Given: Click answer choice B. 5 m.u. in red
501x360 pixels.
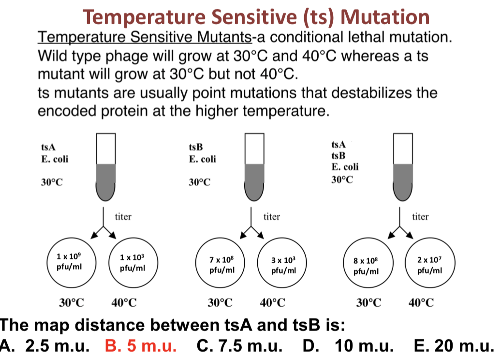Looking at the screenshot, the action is (x=141, y=345).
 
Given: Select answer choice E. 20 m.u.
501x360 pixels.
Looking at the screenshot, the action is (x=454, y=345).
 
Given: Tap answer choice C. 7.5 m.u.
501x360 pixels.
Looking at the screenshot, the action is (x=239, y=345).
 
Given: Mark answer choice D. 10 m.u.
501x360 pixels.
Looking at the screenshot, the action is (x=348, y=345).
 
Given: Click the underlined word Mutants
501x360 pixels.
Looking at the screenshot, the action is (x=224, y=37).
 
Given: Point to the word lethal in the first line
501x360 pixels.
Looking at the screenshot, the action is (x=365, y=37).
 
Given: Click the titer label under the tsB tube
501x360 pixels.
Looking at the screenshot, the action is (x=272, y=216).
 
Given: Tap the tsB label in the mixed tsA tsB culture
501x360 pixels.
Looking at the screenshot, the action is (x=339, y=156).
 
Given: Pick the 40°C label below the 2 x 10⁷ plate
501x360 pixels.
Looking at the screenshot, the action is (x=421, y=302).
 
